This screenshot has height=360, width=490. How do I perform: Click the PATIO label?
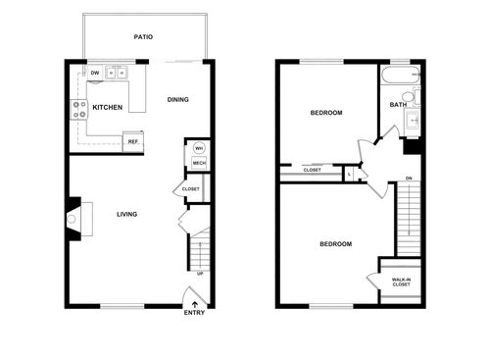pos(143,37)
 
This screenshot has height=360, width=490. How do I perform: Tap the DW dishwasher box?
pos(95,73)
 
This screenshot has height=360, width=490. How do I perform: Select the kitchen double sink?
pos(118,73)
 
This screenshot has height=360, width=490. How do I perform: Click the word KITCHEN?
pos(108,108)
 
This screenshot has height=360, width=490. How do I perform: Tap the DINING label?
pos(177,99)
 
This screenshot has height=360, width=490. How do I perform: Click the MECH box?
pos(197,165)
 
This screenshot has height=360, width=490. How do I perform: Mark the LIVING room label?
pos(126,214)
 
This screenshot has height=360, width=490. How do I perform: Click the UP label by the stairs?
pos(200,274)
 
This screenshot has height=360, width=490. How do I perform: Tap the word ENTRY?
pos(196,313)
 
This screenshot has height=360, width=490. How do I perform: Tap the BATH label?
pos(398,105)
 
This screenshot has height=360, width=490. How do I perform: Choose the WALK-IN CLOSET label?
pos(401,283)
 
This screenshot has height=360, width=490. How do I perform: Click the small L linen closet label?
pos(350,174)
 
